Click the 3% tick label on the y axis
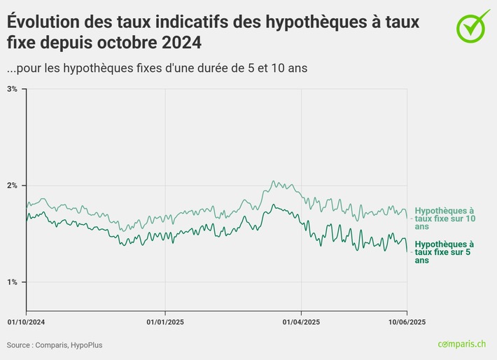[x=12, y=89]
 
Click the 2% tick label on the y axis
[x=12, y=186]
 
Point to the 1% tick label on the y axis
[x=12, y=282]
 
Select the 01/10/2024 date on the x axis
[x=26, y=322]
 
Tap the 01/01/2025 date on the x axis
[x=164, y=322]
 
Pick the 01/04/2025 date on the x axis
[x=301, y=322]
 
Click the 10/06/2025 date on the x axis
[x=407, y=322]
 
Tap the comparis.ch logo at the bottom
[x=461, y=345]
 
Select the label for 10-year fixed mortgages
[x=444, y=219]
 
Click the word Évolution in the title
[x=41, y=22]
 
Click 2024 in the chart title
[x=179, y=43]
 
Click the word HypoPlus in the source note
[x=85, y=345]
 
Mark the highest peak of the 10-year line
[x=274, y=181]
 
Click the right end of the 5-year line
[x=407, y=251]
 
